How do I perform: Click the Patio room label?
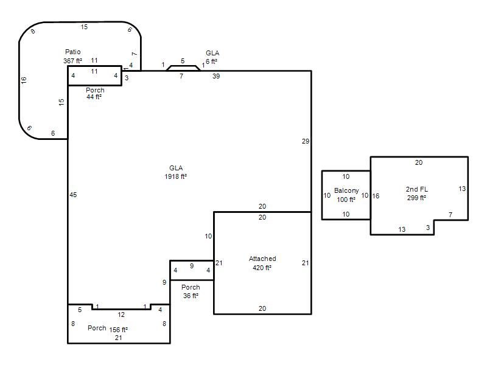(x=72, y=52)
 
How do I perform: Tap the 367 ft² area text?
(x=72, y=61)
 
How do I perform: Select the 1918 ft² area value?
(x=175, y=176)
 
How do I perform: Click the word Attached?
(x=262, y=259)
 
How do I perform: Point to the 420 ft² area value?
(x=262, y=268)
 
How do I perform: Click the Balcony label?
(x=346, y=190)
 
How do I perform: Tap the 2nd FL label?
(x=417, y=189)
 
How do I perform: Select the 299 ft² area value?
(x=416, y=198)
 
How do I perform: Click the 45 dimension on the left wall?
(x=73, y=195)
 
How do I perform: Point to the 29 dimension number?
(x=306, y=141)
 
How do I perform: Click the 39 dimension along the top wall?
(x=216, y=76)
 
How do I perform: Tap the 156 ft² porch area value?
(x=118, y=330)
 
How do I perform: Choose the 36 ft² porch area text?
(x=191, y=296)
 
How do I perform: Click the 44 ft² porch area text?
(x=94, y=97)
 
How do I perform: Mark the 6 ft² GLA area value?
(x=211, y=61)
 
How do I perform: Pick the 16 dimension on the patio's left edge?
(x=24, y=80)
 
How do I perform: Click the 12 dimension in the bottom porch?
(x=121, y=315)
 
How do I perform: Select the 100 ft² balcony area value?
(x=346, y=200)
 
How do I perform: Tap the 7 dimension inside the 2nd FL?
(x=450, y=215)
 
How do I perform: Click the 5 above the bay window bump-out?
(x=183, y=61)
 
